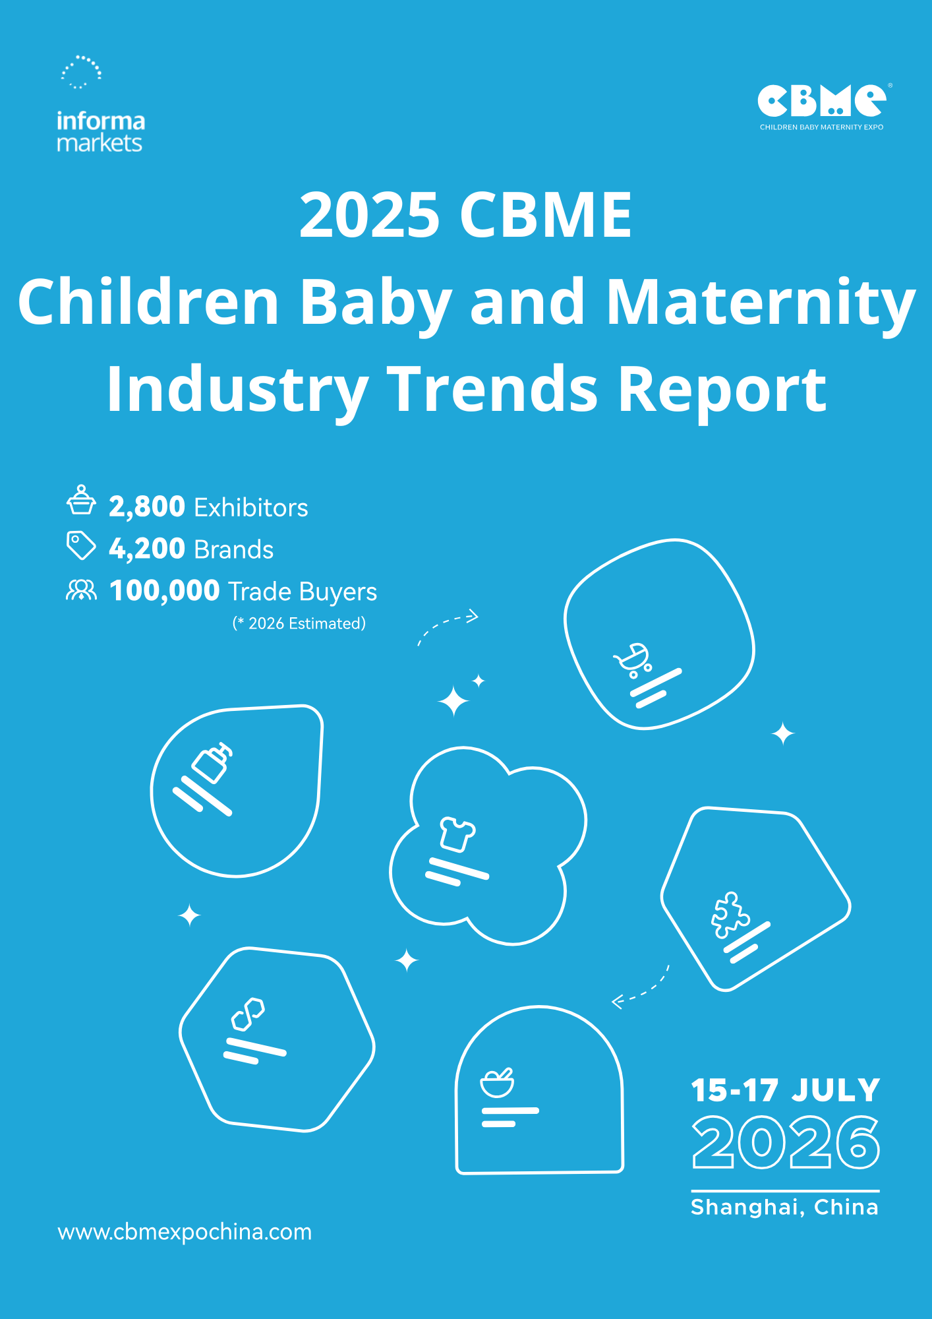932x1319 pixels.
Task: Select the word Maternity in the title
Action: [x=761, y=303]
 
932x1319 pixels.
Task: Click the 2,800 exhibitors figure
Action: [x=147, y=506]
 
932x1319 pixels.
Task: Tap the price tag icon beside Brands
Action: [x=81, y=545]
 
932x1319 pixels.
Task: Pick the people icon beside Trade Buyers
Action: [x=81, y=590]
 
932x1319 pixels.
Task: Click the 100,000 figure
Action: [x=164, y=590]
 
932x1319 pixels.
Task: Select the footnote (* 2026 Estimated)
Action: [x=299, y=623]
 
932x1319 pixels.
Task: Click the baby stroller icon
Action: [x=633, y=660]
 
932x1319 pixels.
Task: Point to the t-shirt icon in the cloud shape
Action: [x=457, y=834]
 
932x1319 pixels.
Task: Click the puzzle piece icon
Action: [x=730, y=915]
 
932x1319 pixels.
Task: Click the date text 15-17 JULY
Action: [x=786, y=1091]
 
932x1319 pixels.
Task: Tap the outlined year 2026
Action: [x=786, y=1142]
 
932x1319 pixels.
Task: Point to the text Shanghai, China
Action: [x=785, y=1208]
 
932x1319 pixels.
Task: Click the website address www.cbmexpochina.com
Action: [x=185, y=1232]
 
